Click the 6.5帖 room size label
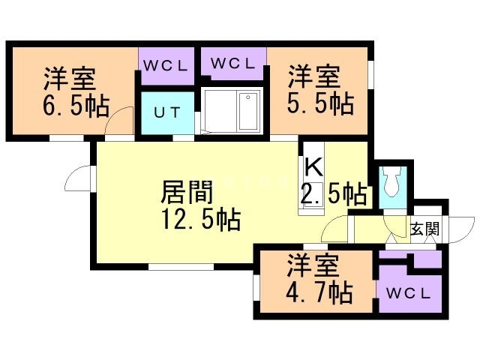[76, 106]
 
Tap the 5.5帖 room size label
[320, 104]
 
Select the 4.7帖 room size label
[319, 292]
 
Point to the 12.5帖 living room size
[201, 219]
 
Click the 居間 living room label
[187, 192]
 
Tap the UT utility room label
[166, 112]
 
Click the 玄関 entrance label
[425, 228]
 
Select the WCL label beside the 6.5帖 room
[165, 66]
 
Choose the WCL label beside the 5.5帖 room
[233, 63]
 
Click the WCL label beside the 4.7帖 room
[408, 294]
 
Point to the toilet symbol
[393, 181]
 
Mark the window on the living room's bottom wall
[181, 267]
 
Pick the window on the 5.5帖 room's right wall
[370, 75]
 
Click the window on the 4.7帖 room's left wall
[256, 287]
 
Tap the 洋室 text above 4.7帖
[313, 265]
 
